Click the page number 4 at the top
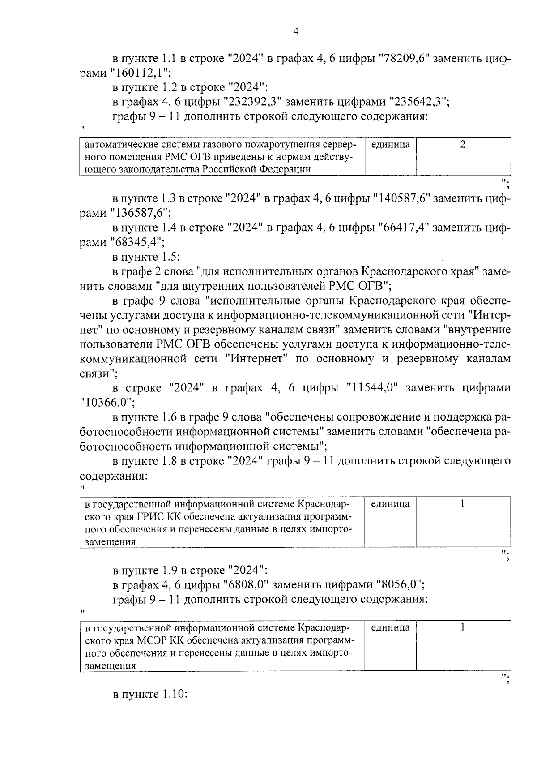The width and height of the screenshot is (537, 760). click(x=295, y=31)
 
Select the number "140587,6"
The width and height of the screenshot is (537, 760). click(x=401, y=198)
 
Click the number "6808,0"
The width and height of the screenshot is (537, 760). click(x=245, y=585)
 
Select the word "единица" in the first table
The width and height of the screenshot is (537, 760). click(x=390, y=145)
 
